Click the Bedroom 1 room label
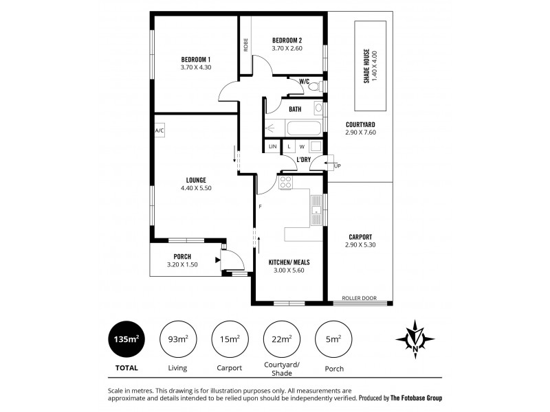click(x=196, y=59)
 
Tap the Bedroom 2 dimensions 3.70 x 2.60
click(x=287, y=49)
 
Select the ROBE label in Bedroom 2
click(x=245, y=45)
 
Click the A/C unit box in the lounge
click(x=159, y=130)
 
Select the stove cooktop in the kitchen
click(x=286, y=183)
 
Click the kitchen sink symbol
click(x=316, y=205)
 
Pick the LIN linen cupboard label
click(x=273, y=146)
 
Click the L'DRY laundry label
click(x=303, y=159)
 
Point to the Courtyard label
click(x=360, y=124)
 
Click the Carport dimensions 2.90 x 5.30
click(x=360, y=244)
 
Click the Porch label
click(x=182, y=256)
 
